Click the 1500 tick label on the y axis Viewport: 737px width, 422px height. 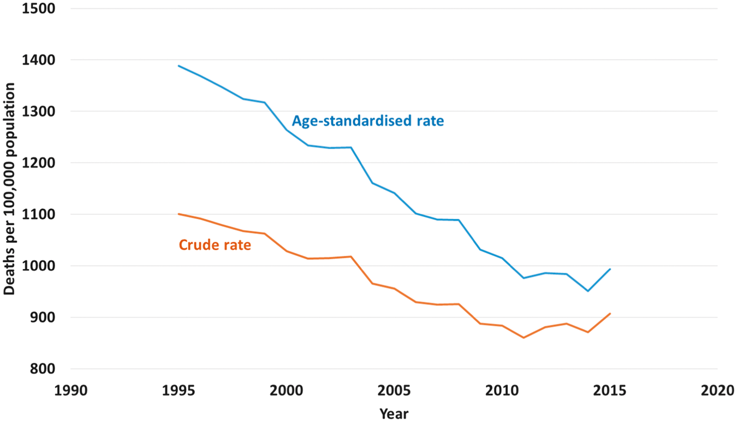(39, 8)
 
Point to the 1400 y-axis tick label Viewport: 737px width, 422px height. (39, 60)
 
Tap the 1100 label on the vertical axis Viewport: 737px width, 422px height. (39, 214)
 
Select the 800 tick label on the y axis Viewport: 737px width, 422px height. (43, 369)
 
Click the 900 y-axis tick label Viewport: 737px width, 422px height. (43, 318)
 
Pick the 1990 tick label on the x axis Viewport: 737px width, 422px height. (71, 391)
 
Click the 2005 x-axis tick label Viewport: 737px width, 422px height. (394, 391)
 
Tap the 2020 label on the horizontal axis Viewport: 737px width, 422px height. (717, 391)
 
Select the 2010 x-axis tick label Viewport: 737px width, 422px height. (502, 391)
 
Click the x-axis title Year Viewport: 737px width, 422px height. (394, 414)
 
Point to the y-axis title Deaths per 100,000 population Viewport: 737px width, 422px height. (9, 189)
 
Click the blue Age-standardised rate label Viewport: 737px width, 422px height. (368, 121)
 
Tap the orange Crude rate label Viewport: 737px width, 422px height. (215, 245)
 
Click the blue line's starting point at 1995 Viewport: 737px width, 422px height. (179, 66)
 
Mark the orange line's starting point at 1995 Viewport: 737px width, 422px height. (179, 214)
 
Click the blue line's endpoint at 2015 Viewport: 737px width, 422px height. (610, 269)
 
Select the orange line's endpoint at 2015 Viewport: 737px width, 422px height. (610, 314)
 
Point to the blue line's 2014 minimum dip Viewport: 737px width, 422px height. (588, 291)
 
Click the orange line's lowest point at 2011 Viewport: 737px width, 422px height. (524, 338)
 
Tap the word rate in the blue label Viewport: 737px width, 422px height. (430, 121)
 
